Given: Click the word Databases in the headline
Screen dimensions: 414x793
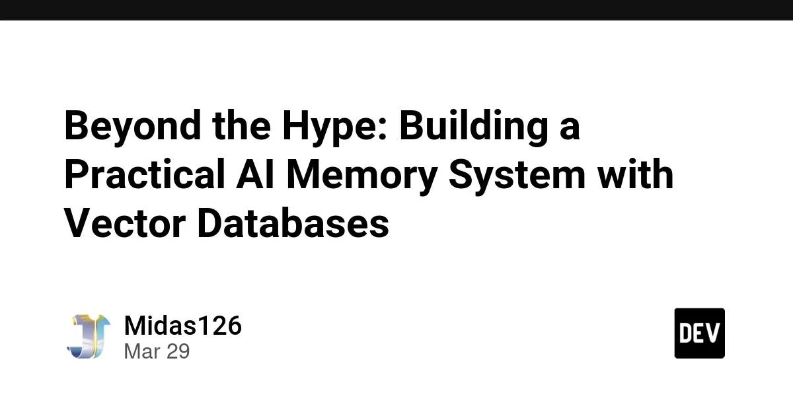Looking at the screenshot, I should pos(293,224).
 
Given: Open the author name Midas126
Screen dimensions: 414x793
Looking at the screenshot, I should pos(182,326).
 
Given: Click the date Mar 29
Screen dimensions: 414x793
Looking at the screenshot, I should pos(157,351).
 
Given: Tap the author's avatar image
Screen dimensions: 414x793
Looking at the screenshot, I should pos(88,336).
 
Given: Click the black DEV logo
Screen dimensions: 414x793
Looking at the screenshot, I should pos(699,333).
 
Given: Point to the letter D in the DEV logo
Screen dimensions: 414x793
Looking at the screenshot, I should pos(686,333).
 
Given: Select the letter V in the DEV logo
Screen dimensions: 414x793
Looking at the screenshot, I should pos(713,333).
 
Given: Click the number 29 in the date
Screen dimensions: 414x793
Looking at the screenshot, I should pos(177,351).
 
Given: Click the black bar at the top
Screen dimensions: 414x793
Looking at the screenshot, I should pos(397,10).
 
